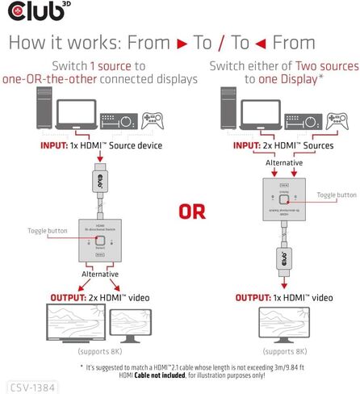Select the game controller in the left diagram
point(149,123)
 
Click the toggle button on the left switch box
point(98,241)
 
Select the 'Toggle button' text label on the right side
point(336,195)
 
